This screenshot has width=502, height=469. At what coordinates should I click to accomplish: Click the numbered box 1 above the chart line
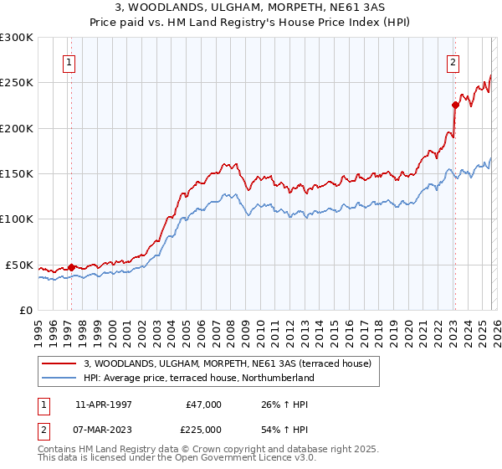pos(68,61)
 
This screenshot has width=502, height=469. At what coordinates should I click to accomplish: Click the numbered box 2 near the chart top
pos(453,61)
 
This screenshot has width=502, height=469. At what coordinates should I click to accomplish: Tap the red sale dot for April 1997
pos(71,267)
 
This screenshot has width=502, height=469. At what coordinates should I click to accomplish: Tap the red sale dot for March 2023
pos(455,105)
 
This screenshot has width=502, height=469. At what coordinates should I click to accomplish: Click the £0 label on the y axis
pos(24,310)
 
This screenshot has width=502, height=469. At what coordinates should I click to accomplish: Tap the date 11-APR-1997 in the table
pos(103,405)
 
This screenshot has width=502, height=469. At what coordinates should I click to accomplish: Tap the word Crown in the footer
pos(207,449)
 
